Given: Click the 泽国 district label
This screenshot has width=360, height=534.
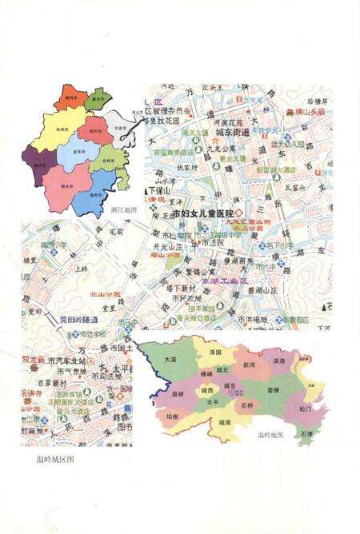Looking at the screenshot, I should pos(214,352).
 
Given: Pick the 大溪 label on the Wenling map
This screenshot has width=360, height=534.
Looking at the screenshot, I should pos(170,361).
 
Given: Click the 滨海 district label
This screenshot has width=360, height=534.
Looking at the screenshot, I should pos(278,361).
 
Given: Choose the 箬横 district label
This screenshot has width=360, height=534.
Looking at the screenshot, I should pos(272,390).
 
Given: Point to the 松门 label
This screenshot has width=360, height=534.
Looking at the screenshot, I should pos(306,408).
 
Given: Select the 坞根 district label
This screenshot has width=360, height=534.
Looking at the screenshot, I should pos(172,416).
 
